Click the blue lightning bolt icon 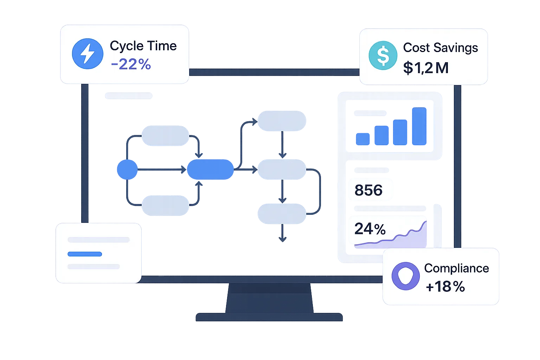tap(88, 53)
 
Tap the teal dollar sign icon tap(383, 56)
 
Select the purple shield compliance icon tap(405, 276)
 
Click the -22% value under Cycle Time tap(131, 64)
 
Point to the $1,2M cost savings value tap(426, 68)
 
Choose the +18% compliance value tap(445, 287)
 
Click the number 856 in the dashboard tap(368, 190)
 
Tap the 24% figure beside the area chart tap(370, 229)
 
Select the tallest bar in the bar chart tap(419, 126)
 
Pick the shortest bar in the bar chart tap(363, 139)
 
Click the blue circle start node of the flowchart tap(127, 169)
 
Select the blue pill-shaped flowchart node tap(210, 169)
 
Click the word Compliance tap(457, 268)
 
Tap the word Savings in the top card tap(456, 48)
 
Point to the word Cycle tap(127, 46)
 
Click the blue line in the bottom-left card tap(85, 254)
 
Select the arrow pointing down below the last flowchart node tap(282, 233)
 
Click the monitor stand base tap(269, 317)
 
